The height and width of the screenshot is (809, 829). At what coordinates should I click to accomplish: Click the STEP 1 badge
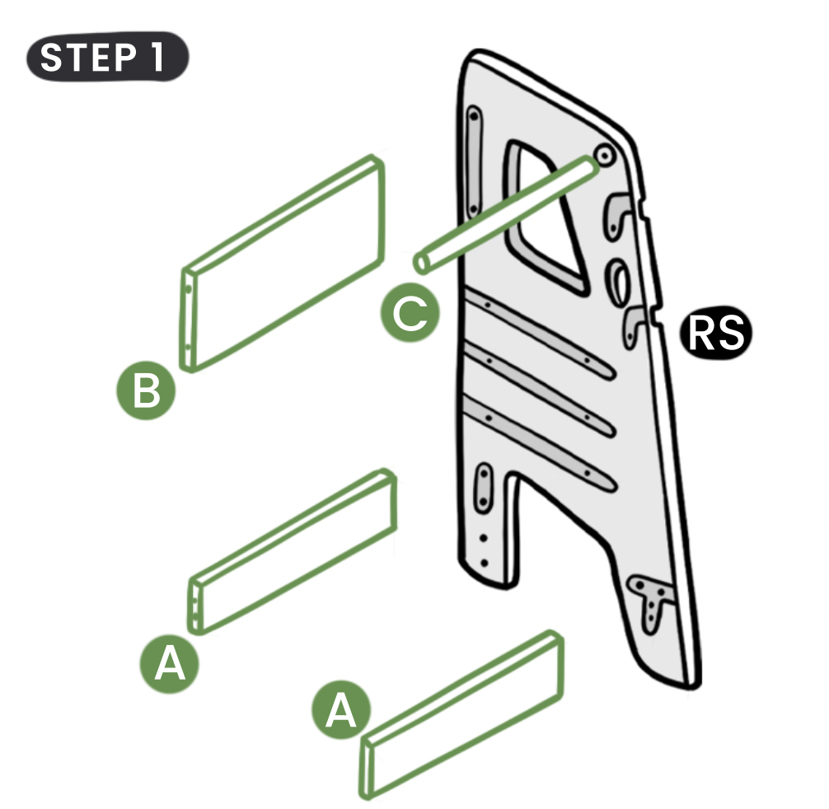(x=108, y=57)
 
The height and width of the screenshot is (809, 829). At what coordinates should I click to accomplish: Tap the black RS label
(x=715, y=332)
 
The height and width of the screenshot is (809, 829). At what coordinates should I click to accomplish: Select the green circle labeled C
(x=410, y=313)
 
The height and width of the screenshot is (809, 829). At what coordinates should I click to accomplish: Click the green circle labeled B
(x=145, y=390)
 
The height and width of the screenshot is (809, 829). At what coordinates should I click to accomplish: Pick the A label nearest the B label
(x=169, y=664)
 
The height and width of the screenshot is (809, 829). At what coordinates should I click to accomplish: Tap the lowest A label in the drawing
(x=341, y=709)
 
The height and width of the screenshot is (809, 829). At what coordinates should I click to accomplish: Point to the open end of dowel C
(x=421, y=263)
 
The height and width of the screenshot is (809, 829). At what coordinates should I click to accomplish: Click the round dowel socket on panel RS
(x=604, y=155)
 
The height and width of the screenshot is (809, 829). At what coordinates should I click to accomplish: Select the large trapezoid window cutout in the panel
(x=545, y=217)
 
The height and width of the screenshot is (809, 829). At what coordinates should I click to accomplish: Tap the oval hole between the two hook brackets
(x=618, y=281)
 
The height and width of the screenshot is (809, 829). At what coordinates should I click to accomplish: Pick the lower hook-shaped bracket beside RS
(x=634, y=324)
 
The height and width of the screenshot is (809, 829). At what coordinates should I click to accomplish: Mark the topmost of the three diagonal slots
(x=539, y=333)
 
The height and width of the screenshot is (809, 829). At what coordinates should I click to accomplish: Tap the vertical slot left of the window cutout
(x=474, y=161)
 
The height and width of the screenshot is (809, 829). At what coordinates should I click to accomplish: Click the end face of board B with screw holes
(x=188, y=320)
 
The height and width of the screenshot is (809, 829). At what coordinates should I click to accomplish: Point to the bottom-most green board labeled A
(x=461, y=714)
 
